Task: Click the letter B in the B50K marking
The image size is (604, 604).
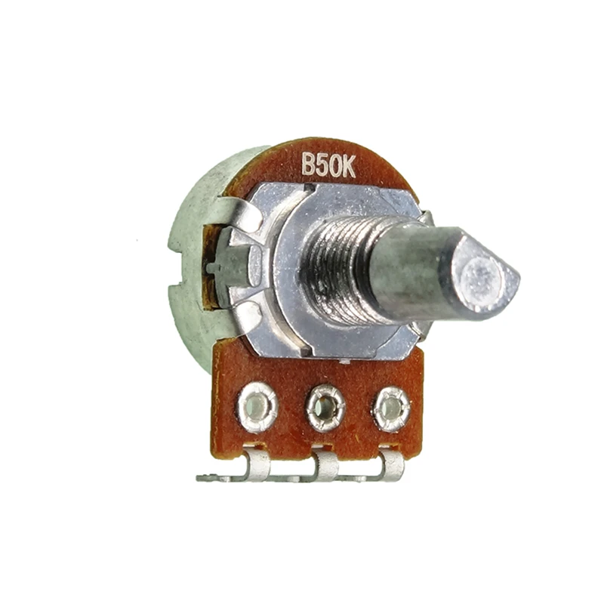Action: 308,165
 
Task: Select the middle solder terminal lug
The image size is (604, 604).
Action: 325,465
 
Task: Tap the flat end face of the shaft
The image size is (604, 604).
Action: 483,276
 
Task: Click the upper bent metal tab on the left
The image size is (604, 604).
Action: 238,215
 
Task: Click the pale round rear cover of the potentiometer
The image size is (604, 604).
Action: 189,249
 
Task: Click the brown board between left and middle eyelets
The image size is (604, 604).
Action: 291,411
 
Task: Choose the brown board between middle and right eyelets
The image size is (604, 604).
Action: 359,411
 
